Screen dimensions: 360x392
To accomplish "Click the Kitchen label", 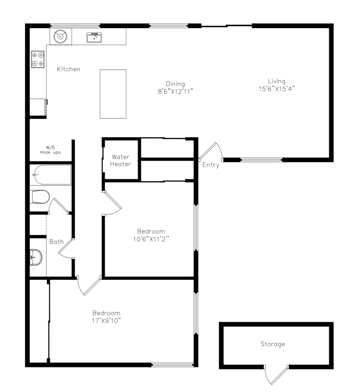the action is pyautogui.click(x=69, y=69).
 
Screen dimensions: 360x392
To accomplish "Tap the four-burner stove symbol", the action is pyautogui.click(x=38, y=59).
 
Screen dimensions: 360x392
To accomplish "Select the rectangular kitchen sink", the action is pyautogui.click(x=94, y=38).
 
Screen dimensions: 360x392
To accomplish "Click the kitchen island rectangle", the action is pyautogui.click(x=113, y=94).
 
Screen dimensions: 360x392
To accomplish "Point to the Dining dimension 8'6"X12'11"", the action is pyautogui.click(x=175, y=91).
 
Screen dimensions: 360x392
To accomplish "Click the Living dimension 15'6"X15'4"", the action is pyautogui.click(x=277, y=89).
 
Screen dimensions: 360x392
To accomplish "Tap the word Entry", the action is pyautogui.click(x=211, y=165).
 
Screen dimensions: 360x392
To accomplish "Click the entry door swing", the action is pyautogui.click(x=211, y=151).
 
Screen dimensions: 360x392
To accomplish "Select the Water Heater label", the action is pyautogui.click(x=120, y=160).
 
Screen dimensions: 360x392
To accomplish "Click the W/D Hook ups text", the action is pyautogui.click(x=51, y=150).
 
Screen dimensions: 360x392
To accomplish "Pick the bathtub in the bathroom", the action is pyautogui.click(x=52, y=175).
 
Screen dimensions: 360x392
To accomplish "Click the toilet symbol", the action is pyautogui.click(x=41, y=197).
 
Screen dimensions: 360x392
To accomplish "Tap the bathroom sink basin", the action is pyautogui.click(x=36, y=257).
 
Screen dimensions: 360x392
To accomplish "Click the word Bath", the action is pyautogui.click(x=56, y=242).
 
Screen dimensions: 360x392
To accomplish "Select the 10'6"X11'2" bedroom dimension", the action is pyautogui.click(x=151, y=239).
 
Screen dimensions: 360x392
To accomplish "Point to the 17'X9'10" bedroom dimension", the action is pyautogui.click(x=107, y=321).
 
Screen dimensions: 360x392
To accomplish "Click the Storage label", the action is pyautogui.click(x=273, y=344).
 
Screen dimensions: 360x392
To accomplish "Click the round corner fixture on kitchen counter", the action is pyautogui.click(x=60, y=36).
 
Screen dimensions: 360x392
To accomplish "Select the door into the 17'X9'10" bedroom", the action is pyautogui.click(x=89, y=285).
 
